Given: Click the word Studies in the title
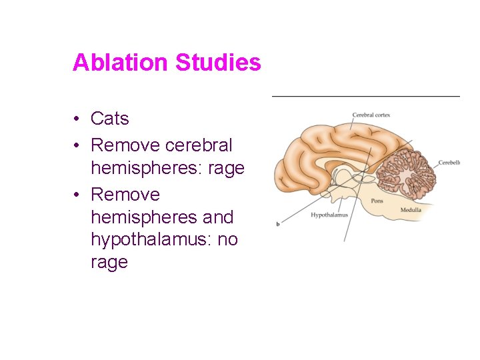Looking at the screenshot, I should point(217,63).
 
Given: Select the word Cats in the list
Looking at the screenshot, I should point(109,119).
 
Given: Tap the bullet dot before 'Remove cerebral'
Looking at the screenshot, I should point(78,145).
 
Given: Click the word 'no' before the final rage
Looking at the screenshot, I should point(227,239).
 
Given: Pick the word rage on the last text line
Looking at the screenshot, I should point(109,262).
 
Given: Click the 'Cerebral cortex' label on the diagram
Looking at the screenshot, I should point(371,115).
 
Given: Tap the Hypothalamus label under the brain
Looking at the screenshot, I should point(329,215).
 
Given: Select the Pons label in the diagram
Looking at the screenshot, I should point(377,200).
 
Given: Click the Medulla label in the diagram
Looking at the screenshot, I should point(410,210).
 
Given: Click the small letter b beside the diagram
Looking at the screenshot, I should point(278,223).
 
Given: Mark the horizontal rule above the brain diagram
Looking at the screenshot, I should point(365,97).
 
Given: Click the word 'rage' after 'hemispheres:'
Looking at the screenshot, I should point(227,168).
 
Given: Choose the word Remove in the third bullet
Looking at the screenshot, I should point(125,195).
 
